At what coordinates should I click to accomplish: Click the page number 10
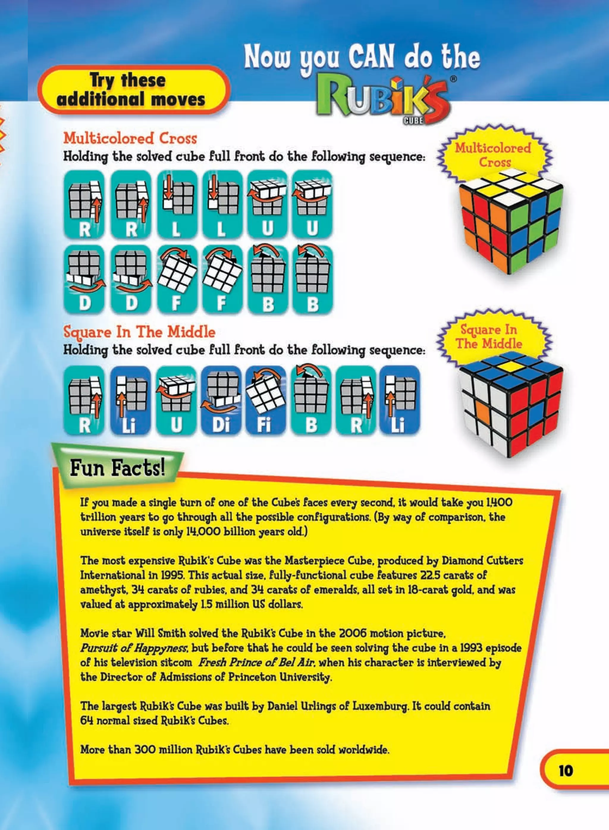(x=566, y=771)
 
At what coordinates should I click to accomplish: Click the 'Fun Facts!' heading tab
(x=117, y=469)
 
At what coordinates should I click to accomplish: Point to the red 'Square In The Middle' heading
(x=139, y=332)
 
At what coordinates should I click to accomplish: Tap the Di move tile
(x=221, y=400)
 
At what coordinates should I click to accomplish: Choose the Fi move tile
(x=266, y=400)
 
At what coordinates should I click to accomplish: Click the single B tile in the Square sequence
(x=311, y=400)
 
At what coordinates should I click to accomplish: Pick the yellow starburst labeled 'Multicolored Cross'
(x=493, y=155)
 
